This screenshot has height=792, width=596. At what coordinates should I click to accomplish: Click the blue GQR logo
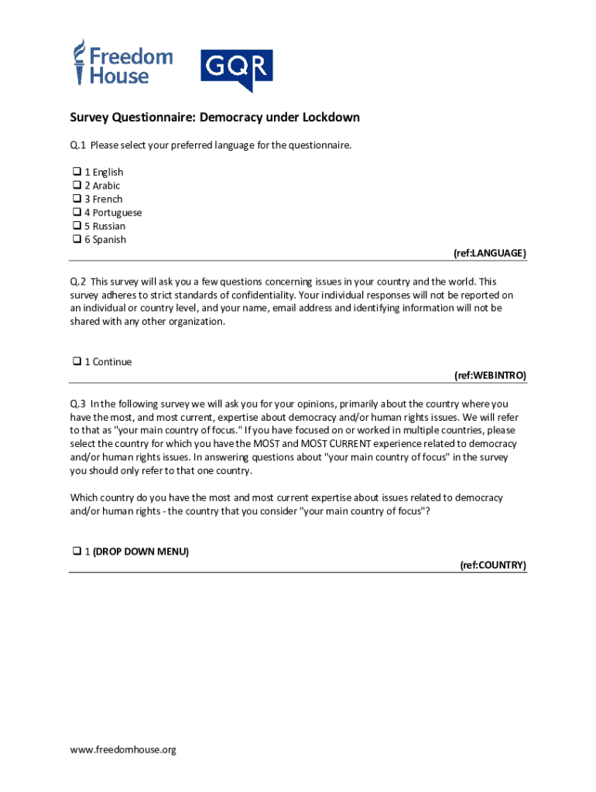click(236, 69)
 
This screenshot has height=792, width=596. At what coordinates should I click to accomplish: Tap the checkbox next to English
click(77, 172)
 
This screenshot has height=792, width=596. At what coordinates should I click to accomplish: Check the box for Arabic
click(77, 186)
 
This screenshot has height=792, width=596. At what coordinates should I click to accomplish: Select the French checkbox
click(77, 199)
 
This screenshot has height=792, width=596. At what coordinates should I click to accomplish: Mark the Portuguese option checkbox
click(77, 212)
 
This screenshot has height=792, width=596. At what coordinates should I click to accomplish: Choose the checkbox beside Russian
click(77, 226)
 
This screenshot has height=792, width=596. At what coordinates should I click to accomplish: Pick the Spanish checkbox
click(77, 239)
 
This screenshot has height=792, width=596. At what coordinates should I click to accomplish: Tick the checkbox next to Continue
click(77, 361)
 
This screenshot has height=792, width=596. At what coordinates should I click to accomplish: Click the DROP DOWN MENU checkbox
click(77, 551)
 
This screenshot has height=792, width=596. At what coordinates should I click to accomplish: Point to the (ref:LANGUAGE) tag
click(489, 253)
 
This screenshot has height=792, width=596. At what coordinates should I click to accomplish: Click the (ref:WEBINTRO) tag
click(489, 375)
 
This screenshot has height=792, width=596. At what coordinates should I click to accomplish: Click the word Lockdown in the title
click(331, 118)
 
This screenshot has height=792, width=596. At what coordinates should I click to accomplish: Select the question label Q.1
click(77, 145)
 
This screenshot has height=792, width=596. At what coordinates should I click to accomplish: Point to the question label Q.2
click(77, 282)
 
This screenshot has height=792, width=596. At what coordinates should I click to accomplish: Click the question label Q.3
click(77, 403)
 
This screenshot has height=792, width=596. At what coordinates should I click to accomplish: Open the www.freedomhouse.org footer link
click(123, 749)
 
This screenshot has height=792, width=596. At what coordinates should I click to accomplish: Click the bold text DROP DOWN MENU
click(141, 551)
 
